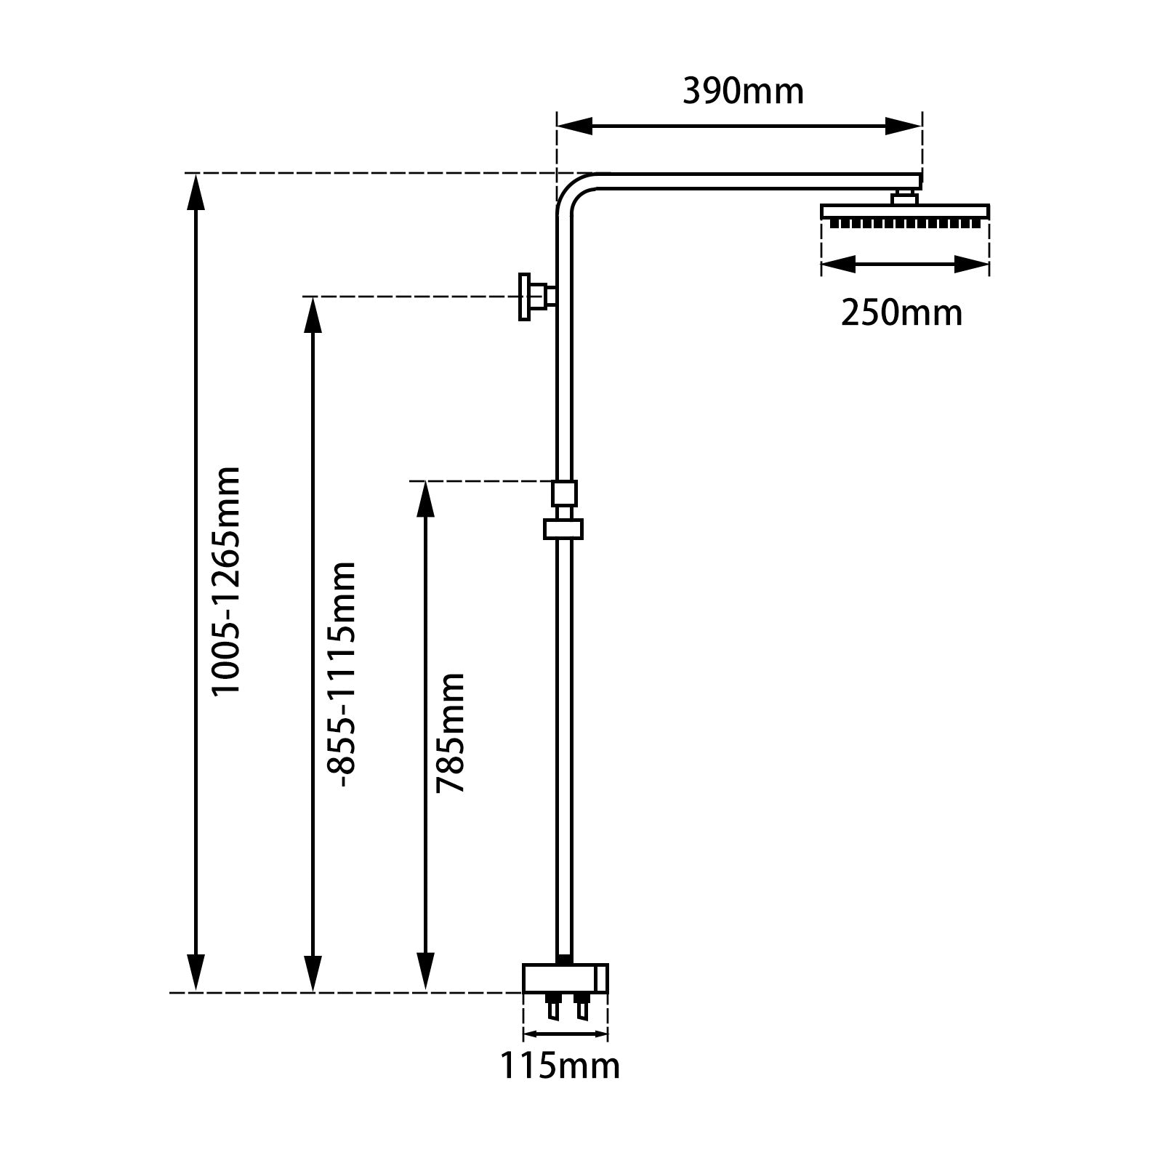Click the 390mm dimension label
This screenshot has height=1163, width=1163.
point(743,92)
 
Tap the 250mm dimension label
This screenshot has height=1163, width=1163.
point(901,313)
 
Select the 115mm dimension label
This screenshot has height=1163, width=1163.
point(559,1066)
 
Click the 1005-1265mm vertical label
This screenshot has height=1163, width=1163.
point(225,581)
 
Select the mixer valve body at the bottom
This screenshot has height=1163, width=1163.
point(565,978)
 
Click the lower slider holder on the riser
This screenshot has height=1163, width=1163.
point(563,528)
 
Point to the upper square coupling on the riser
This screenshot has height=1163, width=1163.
point(564,493)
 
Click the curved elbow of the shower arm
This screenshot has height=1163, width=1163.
point(574,193)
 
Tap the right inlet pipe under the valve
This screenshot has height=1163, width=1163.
point(581,1007)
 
